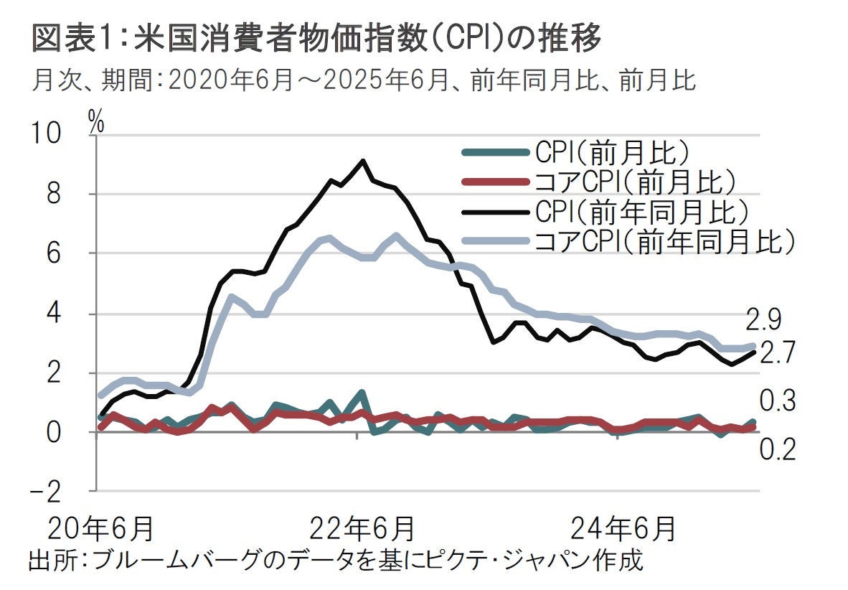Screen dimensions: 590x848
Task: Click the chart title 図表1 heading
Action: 316,39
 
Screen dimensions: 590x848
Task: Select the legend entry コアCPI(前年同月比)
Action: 664,241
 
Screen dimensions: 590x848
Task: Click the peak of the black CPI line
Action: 363,161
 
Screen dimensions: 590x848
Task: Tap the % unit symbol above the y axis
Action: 96,122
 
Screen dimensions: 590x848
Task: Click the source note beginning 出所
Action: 334,560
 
